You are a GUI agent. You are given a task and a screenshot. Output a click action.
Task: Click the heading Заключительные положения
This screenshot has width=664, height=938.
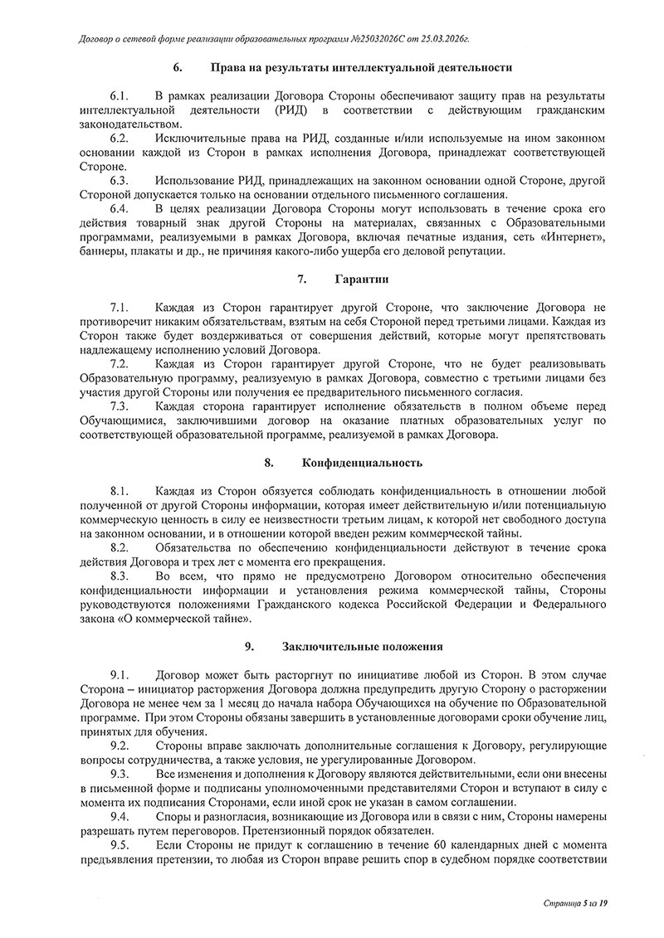click(x=361, y=644)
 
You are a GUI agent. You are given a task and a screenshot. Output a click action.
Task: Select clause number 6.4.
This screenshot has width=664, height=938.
click(x=120, y=208)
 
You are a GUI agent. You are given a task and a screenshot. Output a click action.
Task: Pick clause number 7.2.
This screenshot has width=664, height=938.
click(x=120, y=365)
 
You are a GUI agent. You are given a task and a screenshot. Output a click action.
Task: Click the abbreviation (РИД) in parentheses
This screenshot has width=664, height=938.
click(x=293, y=112)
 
